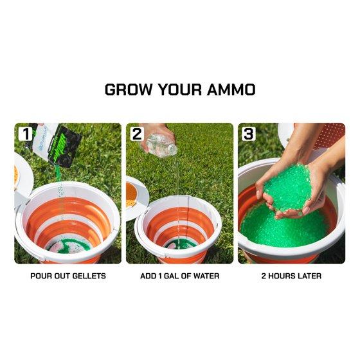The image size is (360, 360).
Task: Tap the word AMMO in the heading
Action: coord(231,89)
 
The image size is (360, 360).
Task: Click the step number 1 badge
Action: coord(26,134)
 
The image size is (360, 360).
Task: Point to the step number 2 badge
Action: coord(137,134)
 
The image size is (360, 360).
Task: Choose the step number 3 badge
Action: coord(249,134)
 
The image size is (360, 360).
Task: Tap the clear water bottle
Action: coord(161,145)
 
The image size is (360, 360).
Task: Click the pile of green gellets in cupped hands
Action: coord(288,187)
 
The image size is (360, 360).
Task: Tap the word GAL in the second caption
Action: coord(171,276)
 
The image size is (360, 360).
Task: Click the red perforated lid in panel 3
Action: coord(329,136)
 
